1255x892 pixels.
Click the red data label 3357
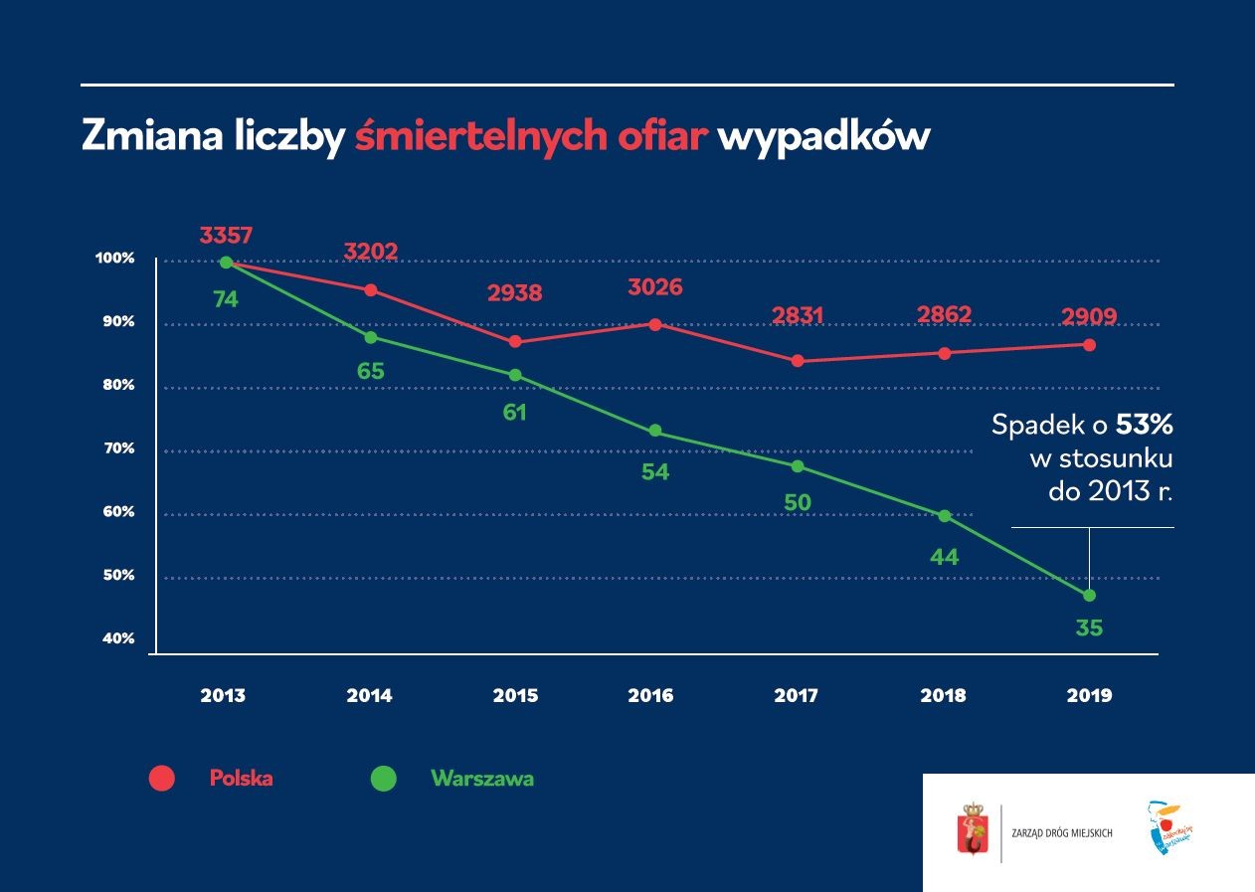[x=226, y=236]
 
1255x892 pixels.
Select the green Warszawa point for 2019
[x=1089, y=596]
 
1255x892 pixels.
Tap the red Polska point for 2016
[x=655, y=324]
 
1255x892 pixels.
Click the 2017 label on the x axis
[x=797, y=696]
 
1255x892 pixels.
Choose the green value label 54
[x=655, y=472]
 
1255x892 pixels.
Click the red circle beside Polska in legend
[x=161, y=779]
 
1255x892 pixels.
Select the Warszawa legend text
[x=482, y=779]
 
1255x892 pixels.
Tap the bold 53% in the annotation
[x=1145, y=426]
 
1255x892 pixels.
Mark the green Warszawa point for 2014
[x=371, y=337]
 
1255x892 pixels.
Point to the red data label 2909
[x=1089, y=317]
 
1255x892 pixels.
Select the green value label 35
[x=1089, y=628]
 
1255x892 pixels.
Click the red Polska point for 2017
[x=798, y=361]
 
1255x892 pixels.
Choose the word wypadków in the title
[x=822, y=137]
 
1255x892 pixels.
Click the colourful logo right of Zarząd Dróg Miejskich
[x=1168, y=827]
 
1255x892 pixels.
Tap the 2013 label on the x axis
[x=223, y=696]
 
